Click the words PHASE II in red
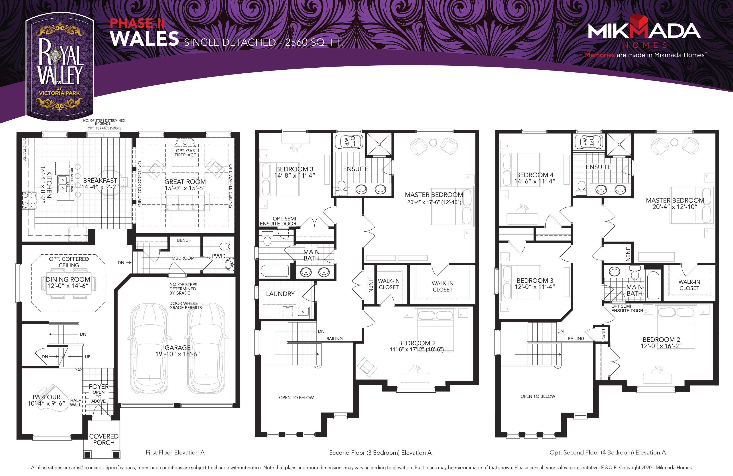[137, 23]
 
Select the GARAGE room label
[178, 348]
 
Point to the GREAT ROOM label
[185, 182]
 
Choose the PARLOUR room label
[47, 397]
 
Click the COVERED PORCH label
[104, 439]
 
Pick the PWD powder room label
[218, 256]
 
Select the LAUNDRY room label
[280, 294]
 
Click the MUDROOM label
[183, 258]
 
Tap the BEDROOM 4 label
[535, 175]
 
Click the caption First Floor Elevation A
[175, 452]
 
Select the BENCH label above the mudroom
[184, 240]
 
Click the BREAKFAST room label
[100, 180]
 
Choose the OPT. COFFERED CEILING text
[69, 262]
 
